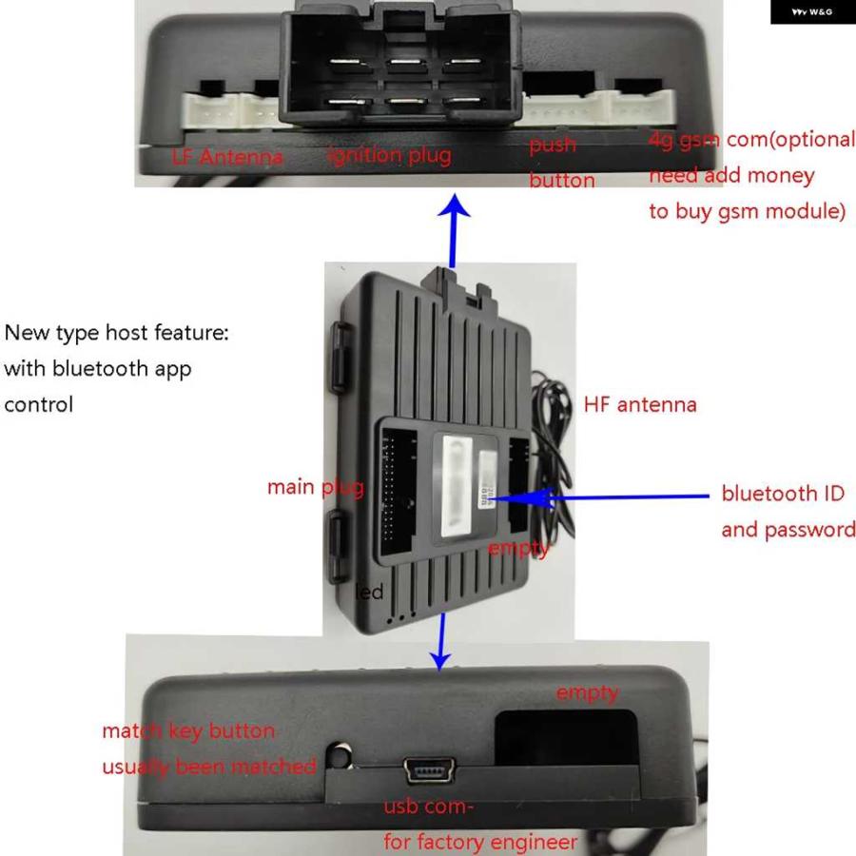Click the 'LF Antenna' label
pyautogui.click(x=227, y=157)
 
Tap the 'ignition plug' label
pyautogui.click(x=389, y=154)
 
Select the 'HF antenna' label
pyautogui.click(x=640, y=404)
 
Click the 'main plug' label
pyautogui.click(x=315, y=487)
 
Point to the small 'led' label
pyautogui.click(x=369, y=593)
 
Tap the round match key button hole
pyautogui.click(x=338, y=757)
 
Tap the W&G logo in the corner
pyautogui.click(x=812, y=12)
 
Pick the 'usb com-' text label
pyautogui.click(x=428, y=807)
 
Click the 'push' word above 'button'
pyautogui.click(x=553, y=145)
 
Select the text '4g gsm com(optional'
pyautogui.click(x=751, y=139)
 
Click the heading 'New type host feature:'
pyautogui.click(x=116, y=334)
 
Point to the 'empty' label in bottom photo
pyautogui.click(x=587, y=693)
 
